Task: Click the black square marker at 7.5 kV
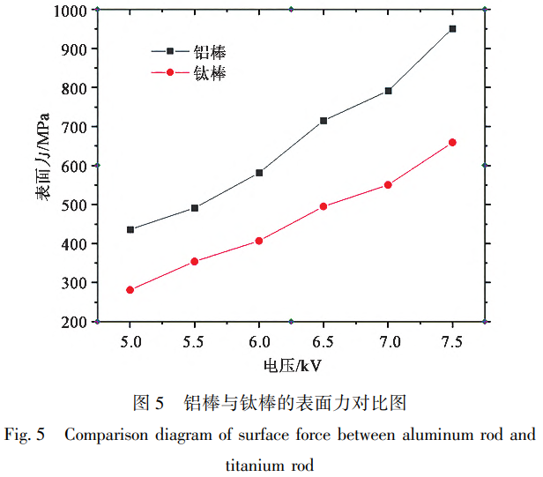(x=452, y=29)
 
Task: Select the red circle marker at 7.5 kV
(x=452, y=142)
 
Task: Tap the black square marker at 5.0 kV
(x=130, y=229)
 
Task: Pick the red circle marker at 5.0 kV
(x=130, y=290)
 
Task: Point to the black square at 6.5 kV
(x=324, y=121)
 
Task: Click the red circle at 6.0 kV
(x=259, y=241)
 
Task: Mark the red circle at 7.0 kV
(x=388, y=185)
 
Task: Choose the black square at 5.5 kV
(x=195, y=208)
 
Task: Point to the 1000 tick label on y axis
(x=68, y=11)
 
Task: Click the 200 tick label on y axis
(x=72, y=322)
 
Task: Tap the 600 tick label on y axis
(x=72, y=166)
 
